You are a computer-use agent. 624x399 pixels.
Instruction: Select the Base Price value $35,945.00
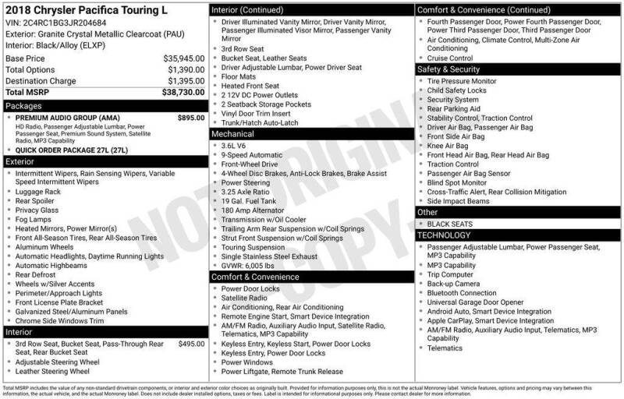[184, 58]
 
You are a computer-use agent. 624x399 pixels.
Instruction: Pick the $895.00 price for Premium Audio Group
[190, 118]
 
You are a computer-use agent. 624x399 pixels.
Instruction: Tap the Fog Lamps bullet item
[36, 219]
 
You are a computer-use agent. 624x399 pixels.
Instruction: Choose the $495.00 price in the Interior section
[190, 344]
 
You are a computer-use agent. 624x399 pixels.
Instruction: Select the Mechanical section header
[233, 134]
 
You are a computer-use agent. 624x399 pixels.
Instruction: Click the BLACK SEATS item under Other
[452, 224]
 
